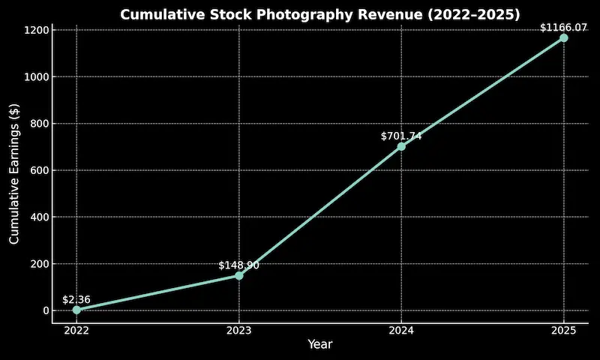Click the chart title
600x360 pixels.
(x=319, y=14)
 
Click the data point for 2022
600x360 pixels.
(x=76, y=310)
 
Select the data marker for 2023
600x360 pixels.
(x=239, y=275)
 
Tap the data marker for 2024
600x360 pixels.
(x=401, y=146)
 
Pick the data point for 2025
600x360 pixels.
(x=563, y=37)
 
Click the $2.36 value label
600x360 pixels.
(x=76, y=299)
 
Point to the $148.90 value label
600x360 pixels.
(x=239, y=265)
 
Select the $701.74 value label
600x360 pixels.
(x=401, y=136)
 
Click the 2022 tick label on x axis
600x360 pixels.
(x=76, y=331)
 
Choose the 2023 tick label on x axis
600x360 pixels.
(x=239, y=331)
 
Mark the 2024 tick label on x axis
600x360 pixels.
(x=401, y=331)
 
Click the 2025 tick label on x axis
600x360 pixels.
(x=563, y=331)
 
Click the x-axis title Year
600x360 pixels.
(x=319, y=345)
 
